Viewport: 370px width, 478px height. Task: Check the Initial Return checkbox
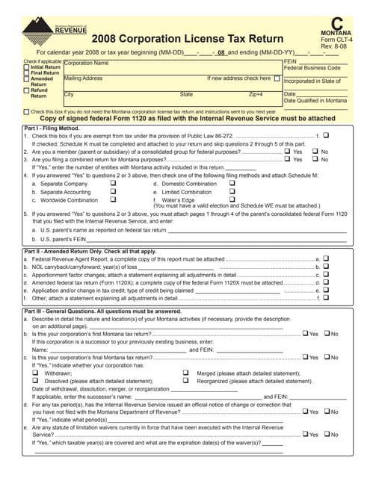click(27, 66)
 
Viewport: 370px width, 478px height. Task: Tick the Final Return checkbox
click(27, 72)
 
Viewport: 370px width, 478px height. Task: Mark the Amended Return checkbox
click(27, 79)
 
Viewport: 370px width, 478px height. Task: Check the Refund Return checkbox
click(27, 90)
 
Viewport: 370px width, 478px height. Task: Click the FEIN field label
click(292, 60)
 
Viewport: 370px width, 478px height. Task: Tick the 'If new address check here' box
click(277, 78)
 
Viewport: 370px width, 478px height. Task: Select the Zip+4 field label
click(256, 95)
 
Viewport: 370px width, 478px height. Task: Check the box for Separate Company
click(113, 183)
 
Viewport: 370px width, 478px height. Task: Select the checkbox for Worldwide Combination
click(113, 200)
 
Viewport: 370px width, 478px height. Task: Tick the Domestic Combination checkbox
click(232, 183)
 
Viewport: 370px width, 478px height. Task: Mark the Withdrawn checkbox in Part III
click(35, 372)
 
